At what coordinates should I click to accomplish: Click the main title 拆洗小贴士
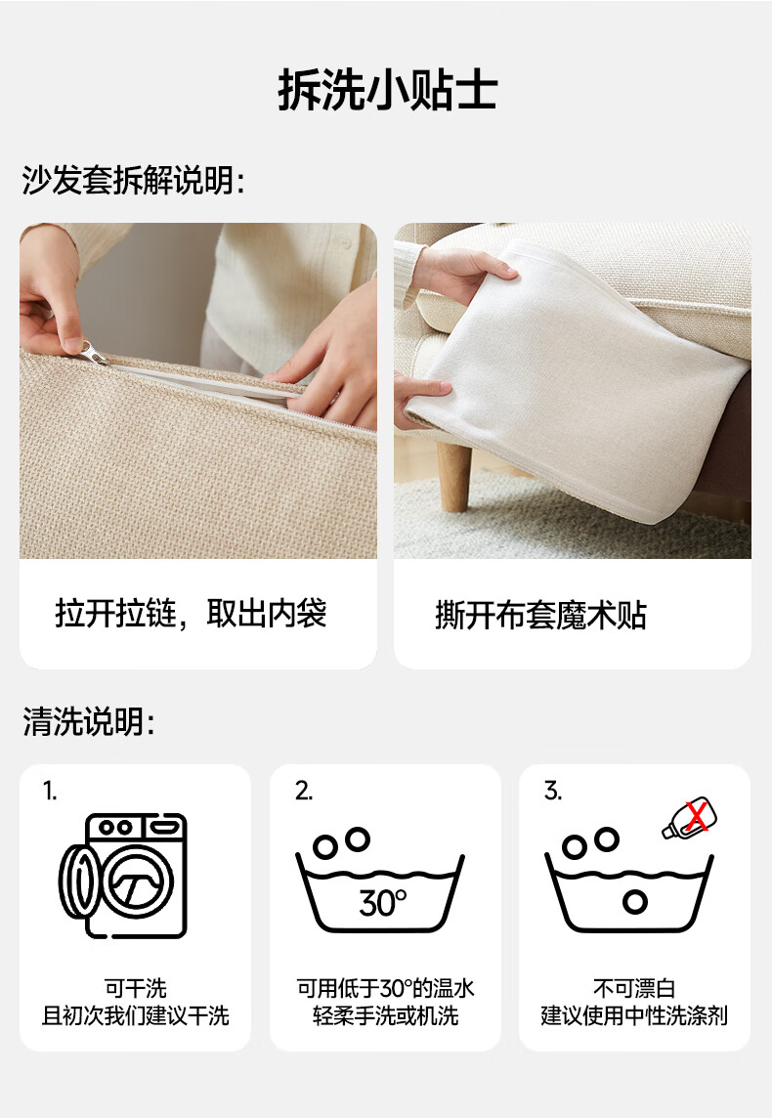387,90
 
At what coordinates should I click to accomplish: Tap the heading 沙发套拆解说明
133,180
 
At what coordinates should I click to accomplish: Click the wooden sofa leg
454,474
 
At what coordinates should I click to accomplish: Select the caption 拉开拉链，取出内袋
191,613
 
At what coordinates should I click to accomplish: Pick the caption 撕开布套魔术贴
541,615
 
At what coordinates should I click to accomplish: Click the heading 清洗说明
88,721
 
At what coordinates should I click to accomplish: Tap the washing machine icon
122,876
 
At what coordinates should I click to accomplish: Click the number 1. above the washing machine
50,791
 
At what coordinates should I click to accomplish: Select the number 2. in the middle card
304,791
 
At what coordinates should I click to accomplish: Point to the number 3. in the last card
553,791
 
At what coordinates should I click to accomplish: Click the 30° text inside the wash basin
383,903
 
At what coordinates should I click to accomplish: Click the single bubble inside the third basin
634,901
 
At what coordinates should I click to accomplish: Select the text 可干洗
136,988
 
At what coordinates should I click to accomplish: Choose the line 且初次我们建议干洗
136,1015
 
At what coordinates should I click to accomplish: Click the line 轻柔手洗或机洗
385,1015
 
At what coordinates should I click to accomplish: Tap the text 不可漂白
634,988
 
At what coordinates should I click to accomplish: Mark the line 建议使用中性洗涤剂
634,1015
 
